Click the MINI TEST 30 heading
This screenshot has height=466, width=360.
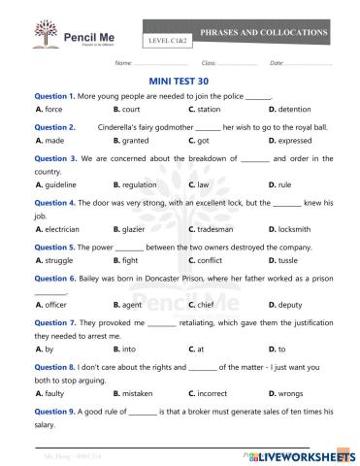point(180,83)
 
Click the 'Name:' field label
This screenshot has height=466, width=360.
point(123,62)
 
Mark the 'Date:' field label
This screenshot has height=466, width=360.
point(277,62)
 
